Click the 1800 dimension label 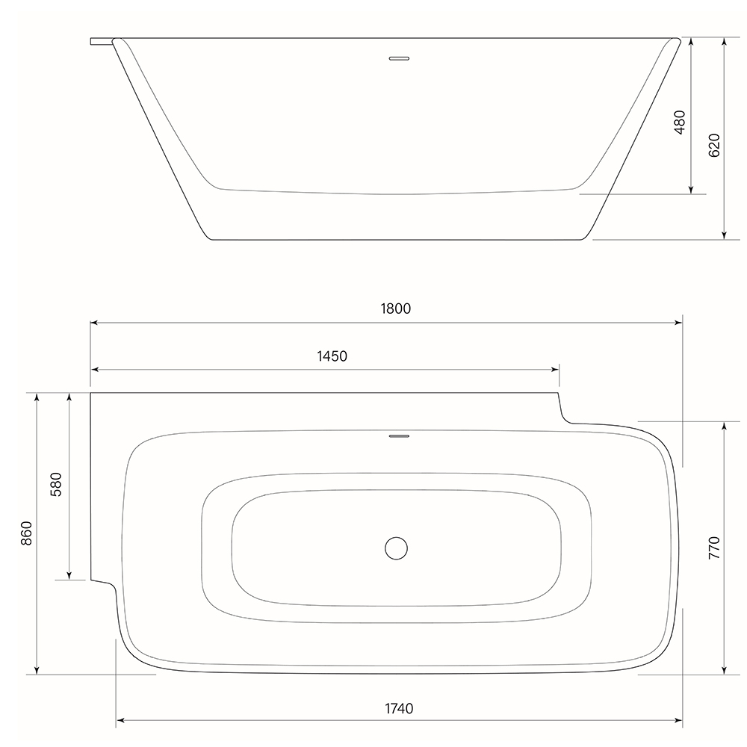(395, 309)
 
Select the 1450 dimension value (332, 356)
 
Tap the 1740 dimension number (399, 708)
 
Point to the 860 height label (26, 533)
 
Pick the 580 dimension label (56, 485)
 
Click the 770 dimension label (714, 548)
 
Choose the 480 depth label (680, 122)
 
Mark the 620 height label (714, 146)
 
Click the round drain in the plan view (397, 548)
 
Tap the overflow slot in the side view (399, 58)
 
